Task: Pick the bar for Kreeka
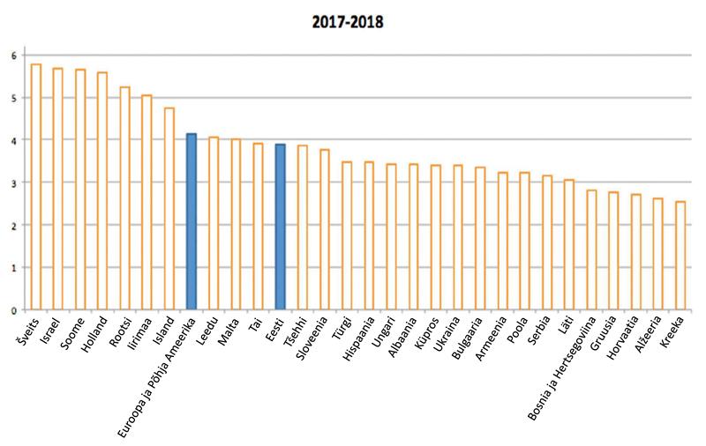coord(680,256)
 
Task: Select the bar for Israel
coord(57,189)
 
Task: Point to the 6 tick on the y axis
coord(13,56)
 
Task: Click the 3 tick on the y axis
coord(13,182)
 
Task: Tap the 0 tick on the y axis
coord(13,310)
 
